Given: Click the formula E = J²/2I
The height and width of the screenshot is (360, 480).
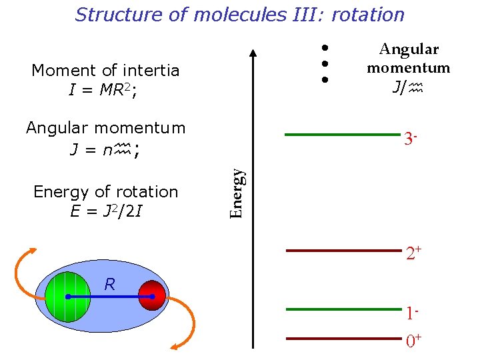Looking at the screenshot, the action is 106,212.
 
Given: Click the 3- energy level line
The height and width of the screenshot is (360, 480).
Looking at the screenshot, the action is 343,135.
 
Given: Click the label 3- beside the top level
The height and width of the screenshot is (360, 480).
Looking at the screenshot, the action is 411,139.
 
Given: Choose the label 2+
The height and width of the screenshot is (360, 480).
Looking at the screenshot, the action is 413,254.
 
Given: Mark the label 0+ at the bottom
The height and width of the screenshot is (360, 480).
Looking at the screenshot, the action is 414,342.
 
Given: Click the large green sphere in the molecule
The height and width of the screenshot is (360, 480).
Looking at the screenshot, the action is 68,296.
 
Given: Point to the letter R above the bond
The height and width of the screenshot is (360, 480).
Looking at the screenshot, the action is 110,285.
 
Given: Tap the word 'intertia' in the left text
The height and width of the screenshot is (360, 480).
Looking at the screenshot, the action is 151,71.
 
